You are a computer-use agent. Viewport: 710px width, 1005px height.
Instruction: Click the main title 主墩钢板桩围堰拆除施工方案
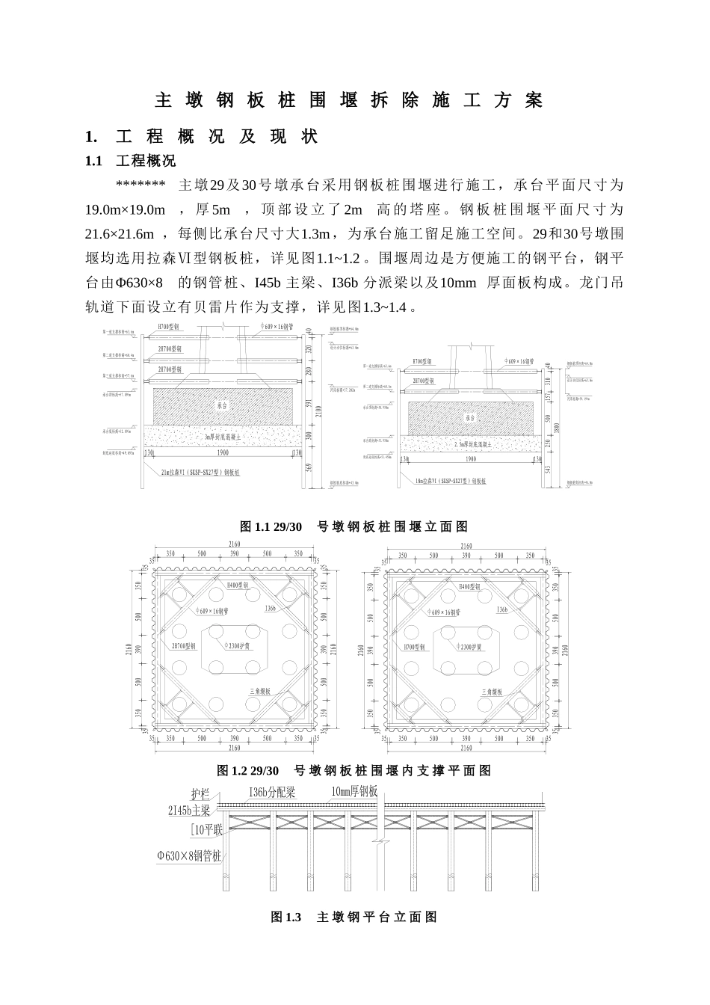(348, 100)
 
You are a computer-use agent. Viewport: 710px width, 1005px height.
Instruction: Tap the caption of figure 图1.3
(354, 917)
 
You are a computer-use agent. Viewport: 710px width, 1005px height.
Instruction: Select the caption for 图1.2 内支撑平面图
(354, 770)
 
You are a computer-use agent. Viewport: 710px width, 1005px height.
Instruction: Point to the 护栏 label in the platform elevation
(202, 795)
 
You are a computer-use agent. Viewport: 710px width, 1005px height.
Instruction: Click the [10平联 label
(206, 829)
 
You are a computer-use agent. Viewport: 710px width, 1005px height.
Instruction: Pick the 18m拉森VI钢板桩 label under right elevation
(451, 482)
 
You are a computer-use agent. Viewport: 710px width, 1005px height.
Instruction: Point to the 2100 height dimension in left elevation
(318, 410)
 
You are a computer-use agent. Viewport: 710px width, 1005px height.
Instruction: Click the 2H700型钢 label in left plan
(184, 646)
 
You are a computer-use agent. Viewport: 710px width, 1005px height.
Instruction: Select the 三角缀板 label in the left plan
(260, 692)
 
